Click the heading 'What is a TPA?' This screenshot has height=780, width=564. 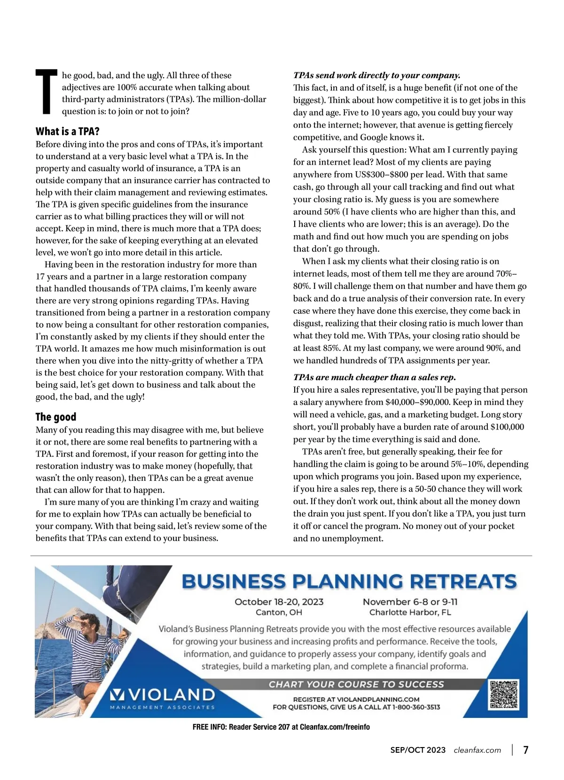tap(68, 131)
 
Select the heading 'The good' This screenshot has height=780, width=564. tap(56, 417)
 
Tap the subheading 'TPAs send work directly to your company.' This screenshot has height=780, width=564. tap(376, 75)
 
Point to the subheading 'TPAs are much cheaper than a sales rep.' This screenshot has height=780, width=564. tap(375, 377)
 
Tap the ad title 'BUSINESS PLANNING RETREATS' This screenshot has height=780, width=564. tap(349, 581)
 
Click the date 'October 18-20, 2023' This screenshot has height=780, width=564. tap(279, 602)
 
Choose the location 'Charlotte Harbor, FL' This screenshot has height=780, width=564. tap(410, 613)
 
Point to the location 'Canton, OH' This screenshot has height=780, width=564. tap(279, 613)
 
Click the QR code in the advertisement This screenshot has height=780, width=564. tap(503, 695)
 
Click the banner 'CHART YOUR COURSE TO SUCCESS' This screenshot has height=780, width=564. tap(356, 684)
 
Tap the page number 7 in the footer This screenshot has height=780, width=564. tap(526, 750)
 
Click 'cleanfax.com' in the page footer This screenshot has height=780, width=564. tap(477, 750)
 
